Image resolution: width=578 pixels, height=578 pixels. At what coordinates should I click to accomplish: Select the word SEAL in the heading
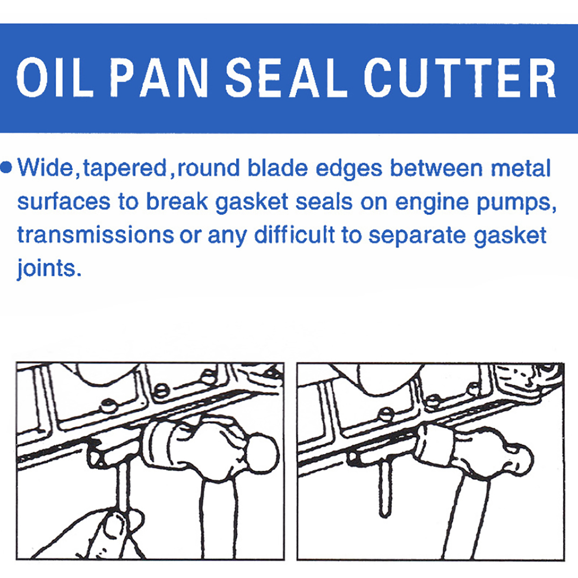tap(286, 78)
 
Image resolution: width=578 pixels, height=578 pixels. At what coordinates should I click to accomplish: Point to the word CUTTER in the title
tap(460, 78)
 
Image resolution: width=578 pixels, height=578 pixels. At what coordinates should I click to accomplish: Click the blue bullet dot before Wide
tap(7, 168)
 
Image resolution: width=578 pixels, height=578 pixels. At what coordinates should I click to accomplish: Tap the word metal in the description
tap(521, 168)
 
